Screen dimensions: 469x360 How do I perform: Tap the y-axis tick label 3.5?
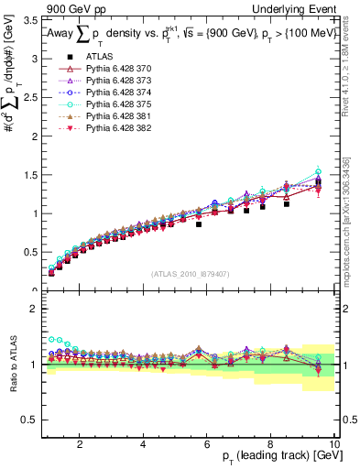29,19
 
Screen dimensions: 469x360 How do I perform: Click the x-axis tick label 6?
207,443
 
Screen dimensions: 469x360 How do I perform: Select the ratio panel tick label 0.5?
29,420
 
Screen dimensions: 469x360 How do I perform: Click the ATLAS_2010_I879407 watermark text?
190,273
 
